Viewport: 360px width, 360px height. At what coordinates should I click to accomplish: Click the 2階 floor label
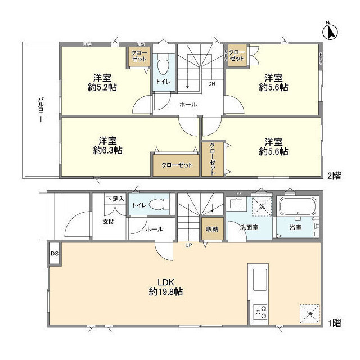click(x=335, y=175)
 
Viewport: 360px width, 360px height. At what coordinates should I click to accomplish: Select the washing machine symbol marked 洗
click(x=262, y=206)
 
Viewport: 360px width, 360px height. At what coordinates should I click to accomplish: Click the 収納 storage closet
click(x=211, y=229)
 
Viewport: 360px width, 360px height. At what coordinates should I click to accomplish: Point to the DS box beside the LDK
click(x=55, y=254)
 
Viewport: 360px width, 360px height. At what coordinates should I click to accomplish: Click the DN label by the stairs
click(x=211, y=84)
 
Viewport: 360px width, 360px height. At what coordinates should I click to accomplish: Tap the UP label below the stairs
click(x=190, y=244)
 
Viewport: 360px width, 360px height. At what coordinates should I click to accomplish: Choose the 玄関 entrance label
click(x=109, y=221)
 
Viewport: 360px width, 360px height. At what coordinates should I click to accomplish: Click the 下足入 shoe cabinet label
click(x=115, y=199)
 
